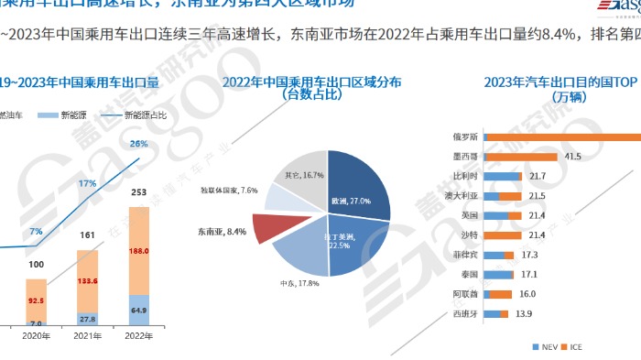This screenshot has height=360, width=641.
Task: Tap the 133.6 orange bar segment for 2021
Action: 88,280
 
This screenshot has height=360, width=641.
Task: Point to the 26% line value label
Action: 139,144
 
